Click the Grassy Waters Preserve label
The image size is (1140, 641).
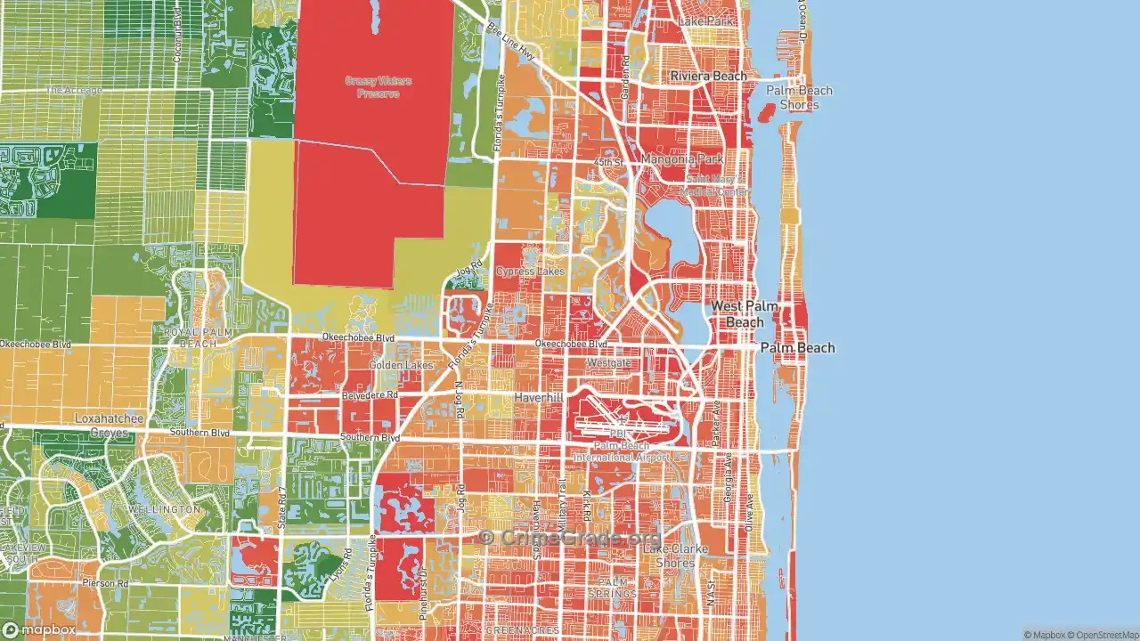click(379, 86)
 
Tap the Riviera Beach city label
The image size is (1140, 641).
click(708, 76)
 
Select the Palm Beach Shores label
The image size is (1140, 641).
click(799, 97)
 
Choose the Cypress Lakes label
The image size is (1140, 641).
click(530, 271)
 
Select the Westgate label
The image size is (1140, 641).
click(608, 363)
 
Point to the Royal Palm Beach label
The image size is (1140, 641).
click(191, 337)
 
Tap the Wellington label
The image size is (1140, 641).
click(165, 508)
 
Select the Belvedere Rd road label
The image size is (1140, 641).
click(369, 394)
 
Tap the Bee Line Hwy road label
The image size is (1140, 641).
click(513, 41)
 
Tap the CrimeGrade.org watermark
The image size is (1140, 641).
click(570, 538)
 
